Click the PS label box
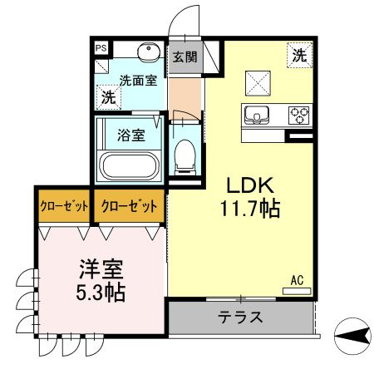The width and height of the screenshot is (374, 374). pos(101,48)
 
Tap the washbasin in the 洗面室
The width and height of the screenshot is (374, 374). pos(149,52)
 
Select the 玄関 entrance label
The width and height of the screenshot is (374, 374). pos(185,57)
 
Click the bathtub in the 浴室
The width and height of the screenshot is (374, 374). pos(129,166)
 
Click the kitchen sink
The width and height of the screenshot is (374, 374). pos(257,116)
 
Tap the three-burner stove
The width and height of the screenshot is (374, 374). pos(299,116)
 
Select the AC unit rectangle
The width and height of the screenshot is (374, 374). pos(297,291)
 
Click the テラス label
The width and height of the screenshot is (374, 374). pos(240,317)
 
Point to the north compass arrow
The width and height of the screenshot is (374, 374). pos(352,336)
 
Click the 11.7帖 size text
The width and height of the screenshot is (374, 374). pos(250,209)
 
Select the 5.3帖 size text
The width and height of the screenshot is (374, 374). pos(101,293)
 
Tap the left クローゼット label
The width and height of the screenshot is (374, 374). pos(64,206)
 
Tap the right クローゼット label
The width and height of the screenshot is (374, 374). pos(130,206)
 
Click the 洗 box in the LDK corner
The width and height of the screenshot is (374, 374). pos(300,55)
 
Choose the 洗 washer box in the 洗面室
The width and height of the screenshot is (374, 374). pos(109,97)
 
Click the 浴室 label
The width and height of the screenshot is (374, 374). pos(131,135)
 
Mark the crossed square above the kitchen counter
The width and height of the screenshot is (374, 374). pos(258,83)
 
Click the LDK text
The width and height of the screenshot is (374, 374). pos(250,185)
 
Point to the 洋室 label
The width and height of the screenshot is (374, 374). pos(101,269)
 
